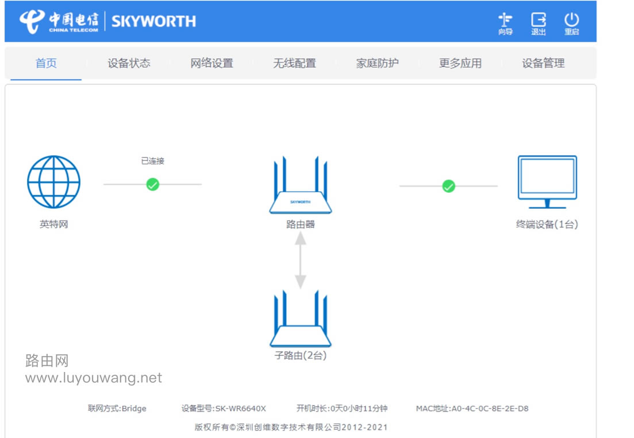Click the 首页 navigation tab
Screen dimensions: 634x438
point(46,63)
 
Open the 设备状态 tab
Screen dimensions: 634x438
point(129,63)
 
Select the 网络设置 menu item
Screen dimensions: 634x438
point(212,63)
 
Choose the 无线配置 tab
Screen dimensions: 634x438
point(294,63)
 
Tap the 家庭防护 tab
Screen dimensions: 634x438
point(377,63)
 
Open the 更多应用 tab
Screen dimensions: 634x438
point(460,63)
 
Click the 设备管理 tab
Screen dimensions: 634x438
point(543,63)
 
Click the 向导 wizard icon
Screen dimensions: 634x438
point(505,23)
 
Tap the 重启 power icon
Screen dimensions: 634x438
point(571,23)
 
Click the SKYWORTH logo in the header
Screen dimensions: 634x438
point(153,21)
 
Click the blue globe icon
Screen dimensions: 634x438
point(53,182)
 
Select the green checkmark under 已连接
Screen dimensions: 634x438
point(152,184)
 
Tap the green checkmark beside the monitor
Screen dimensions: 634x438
point(448,186)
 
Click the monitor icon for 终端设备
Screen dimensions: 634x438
point(547,181)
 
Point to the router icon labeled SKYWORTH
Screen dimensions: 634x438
point(300,187)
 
